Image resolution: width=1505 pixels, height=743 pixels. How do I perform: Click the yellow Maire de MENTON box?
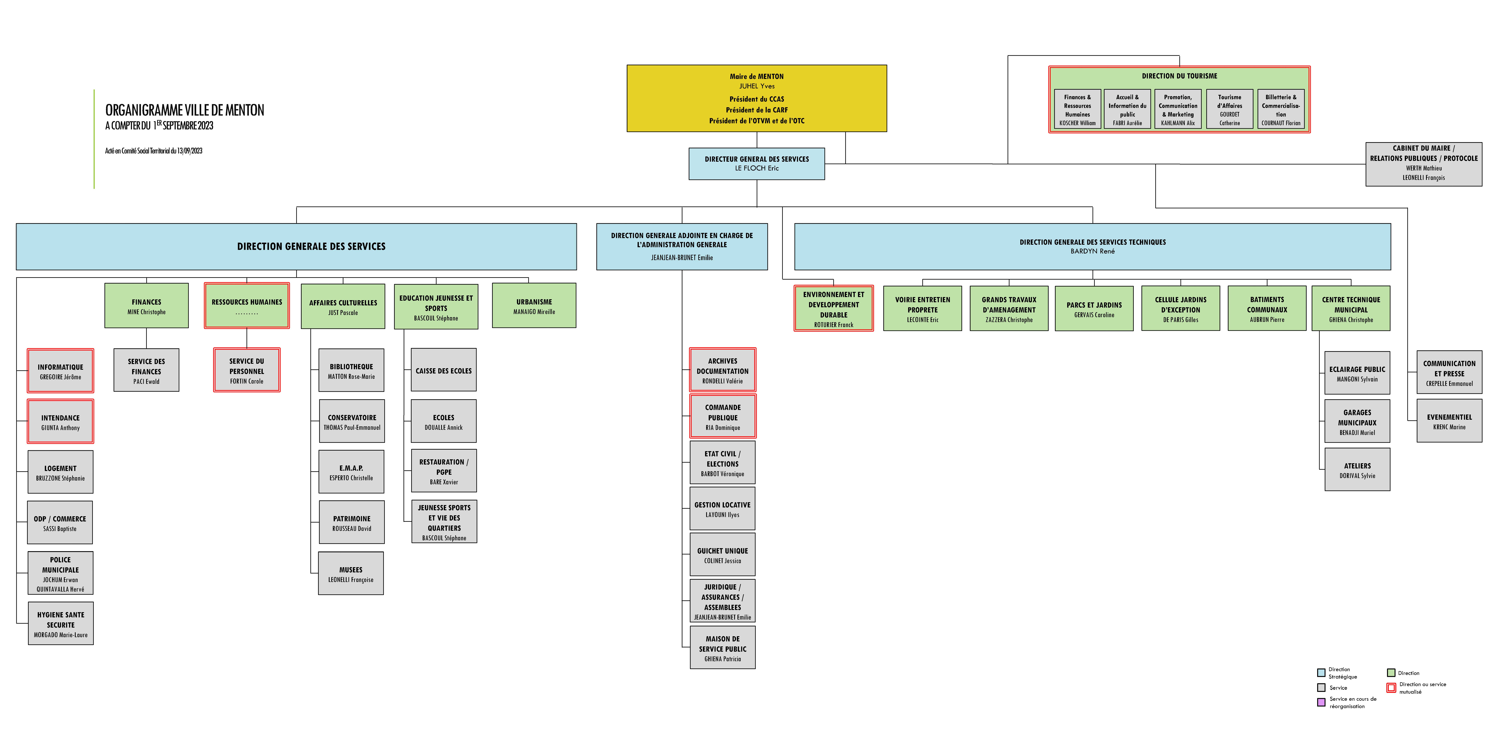[x=757, y=98]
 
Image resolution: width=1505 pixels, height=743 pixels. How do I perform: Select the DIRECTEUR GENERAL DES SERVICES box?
[x=757, y=164]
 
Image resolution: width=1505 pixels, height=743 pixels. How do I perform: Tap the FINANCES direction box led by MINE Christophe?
[x=147, y=306]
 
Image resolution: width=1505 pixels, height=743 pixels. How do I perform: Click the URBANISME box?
[x=534, y=306]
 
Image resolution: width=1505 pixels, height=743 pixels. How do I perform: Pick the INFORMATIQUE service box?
[x=60, y=371]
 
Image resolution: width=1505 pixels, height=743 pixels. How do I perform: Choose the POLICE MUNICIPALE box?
[x=60, y=573]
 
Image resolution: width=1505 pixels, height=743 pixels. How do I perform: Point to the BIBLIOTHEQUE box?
[x=351, y=370]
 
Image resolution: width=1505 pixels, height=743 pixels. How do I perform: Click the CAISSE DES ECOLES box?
[x=443, y=370]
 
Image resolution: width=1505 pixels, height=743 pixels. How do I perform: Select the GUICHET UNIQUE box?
[x=723, y=554]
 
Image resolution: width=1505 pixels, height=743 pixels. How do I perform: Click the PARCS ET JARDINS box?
[x=1094, y=308]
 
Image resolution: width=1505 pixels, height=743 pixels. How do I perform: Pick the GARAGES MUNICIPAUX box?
[x=1357, y=421]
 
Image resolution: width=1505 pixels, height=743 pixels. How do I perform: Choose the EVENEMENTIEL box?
[x=1449, y=421]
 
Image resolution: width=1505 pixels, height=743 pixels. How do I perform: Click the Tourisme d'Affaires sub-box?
[x=1230, y=109]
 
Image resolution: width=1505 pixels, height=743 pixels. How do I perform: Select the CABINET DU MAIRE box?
[x=1424, y=164]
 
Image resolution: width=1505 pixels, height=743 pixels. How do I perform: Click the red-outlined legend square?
[x=1392, y=687]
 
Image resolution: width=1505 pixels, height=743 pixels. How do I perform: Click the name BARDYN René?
[x=1093, y=251]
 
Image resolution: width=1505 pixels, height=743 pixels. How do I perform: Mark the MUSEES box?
[x=351, y=574]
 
